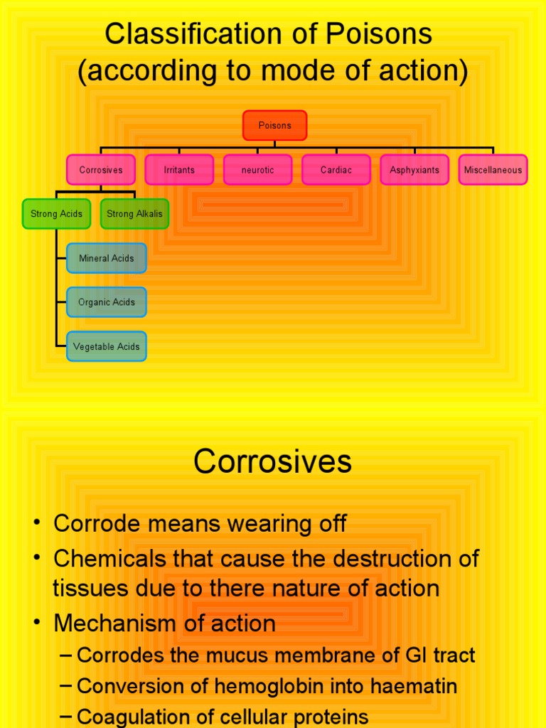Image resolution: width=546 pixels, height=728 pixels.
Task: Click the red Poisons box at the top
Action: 274,125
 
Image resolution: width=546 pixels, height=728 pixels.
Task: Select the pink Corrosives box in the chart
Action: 101,170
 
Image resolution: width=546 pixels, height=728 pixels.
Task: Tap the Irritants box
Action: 179,170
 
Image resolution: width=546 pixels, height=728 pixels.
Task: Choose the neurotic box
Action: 257,170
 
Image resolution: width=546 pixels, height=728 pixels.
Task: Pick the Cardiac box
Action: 336,170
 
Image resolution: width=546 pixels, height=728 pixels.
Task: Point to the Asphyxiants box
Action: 414,170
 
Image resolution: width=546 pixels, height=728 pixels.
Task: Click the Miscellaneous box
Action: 493,170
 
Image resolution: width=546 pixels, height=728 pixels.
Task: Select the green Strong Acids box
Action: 56,213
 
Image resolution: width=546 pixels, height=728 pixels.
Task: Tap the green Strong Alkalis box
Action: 134,213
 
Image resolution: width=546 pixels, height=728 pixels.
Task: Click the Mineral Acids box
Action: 107,258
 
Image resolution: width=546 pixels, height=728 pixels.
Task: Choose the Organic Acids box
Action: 107,302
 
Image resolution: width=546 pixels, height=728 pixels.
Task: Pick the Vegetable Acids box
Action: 107,346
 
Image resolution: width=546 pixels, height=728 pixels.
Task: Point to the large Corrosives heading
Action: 272,462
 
